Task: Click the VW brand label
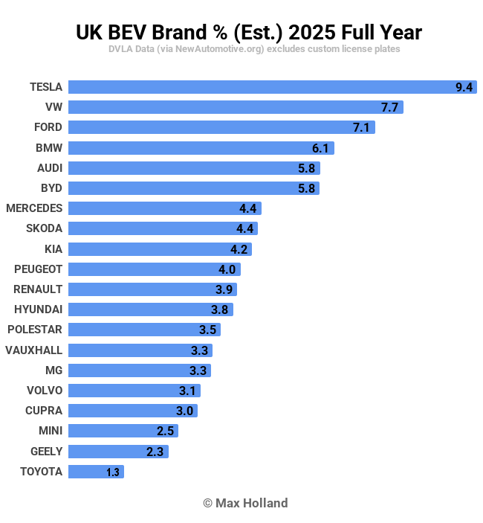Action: pos(54,107)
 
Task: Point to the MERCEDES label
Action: pos(34,208)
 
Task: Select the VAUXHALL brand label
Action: pos(34,350)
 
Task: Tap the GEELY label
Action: pos(46,452)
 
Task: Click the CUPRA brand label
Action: pos(44,411)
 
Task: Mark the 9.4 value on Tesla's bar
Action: pos(464,87)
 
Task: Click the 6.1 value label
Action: pos(320,148)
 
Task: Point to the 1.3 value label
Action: pos(113,472)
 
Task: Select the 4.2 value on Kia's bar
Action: pos(239,249)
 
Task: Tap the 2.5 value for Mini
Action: pos(165,431)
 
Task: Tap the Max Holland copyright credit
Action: pos(245,503)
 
